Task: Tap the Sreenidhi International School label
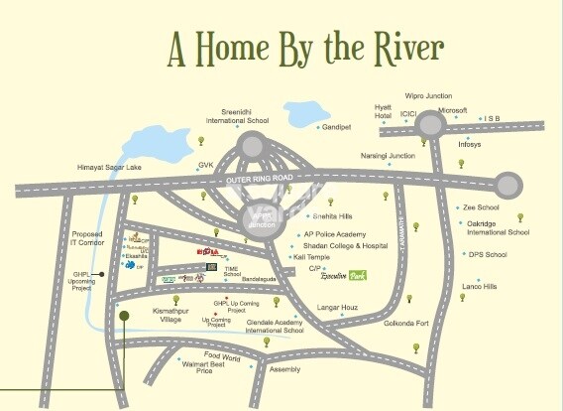[237, 115]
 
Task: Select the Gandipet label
[339, 127]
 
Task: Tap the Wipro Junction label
[429, 96]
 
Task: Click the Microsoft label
[452, 110]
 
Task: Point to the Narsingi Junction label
[388, 156]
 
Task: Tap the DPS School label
[488, 255]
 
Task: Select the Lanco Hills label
[480, 286]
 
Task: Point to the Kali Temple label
[310, 257]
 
